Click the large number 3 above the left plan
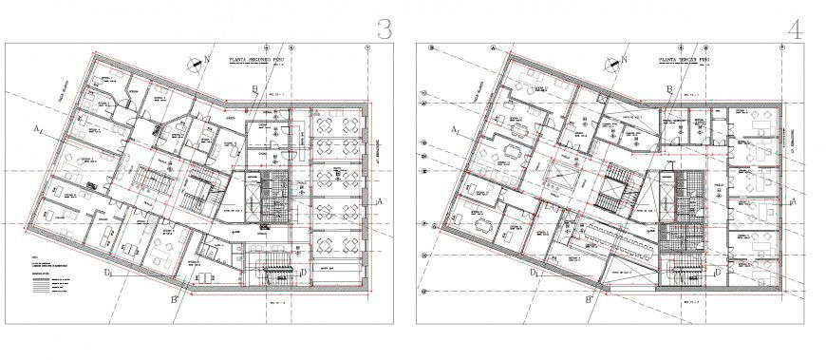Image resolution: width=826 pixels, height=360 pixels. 383,28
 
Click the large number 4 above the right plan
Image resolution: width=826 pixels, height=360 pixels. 795,28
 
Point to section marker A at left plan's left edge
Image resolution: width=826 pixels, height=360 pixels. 34,126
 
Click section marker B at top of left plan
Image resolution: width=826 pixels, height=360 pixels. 253,89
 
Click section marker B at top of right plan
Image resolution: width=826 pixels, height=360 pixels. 669,89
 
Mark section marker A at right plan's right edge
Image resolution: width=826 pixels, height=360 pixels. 795,201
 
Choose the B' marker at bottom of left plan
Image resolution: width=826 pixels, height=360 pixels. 175,300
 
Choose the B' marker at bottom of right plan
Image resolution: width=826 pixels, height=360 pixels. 590,300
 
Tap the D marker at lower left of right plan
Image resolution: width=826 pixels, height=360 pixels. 536,274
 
